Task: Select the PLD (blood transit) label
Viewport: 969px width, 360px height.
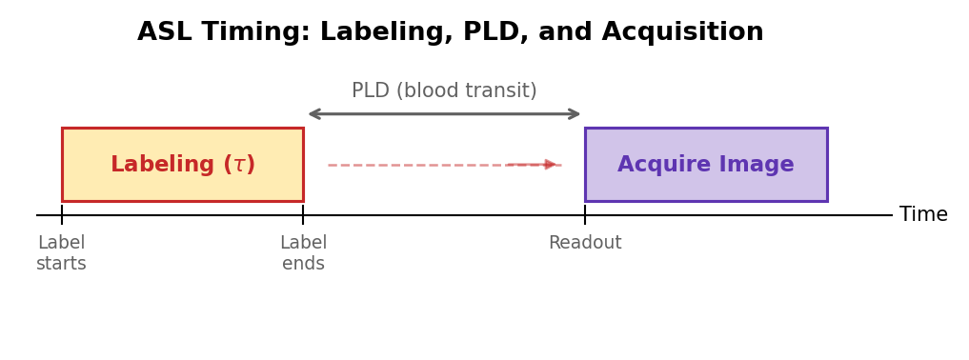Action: (x=444, y=91)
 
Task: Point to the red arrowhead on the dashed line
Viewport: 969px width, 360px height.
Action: (x=551, y=165)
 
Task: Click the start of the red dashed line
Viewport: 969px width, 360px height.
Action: (x=330, y=165)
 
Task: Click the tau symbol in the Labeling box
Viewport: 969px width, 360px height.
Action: (x=239, y=165)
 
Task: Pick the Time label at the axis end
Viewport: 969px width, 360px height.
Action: (x=922, y=215)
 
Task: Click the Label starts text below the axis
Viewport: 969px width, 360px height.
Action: (x=61, y=253)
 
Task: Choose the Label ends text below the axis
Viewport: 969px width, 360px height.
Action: (x=303, y=253)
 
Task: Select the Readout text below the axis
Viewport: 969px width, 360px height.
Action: (x=585, y=244)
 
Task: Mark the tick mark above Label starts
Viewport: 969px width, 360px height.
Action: (x=62, y=215)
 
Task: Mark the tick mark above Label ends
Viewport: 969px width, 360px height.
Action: (x=303, y=215)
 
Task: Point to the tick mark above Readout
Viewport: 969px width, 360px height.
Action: (x=585, y=215)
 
